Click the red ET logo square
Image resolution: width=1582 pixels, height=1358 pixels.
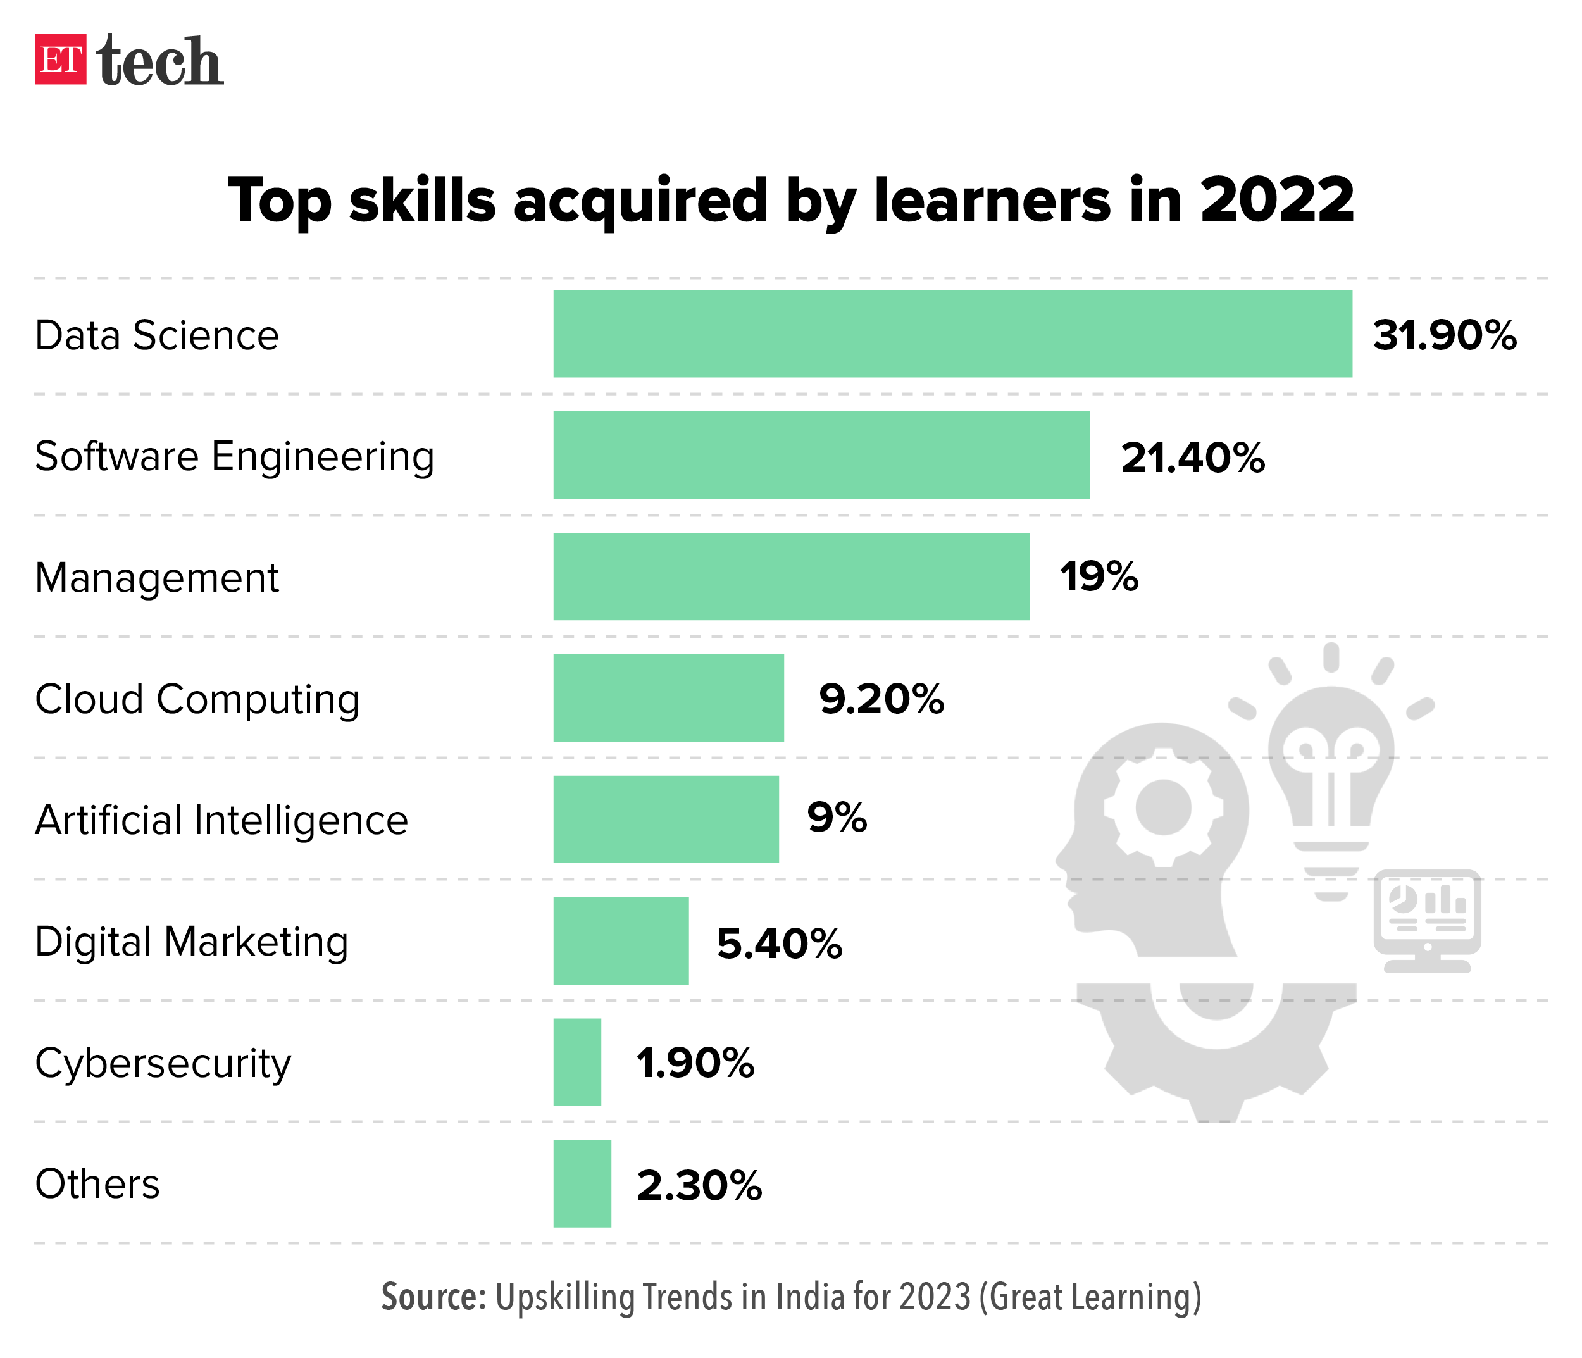point(60,59)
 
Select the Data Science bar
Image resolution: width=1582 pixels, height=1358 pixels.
point(952,333)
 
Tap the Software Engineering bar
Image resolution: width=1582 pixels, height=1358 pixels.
point(821,455)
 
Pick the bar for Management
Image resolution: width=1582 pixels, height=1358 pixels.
point(791,576)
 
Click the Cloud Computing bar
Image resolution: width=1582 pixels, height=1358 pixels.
point(668,698)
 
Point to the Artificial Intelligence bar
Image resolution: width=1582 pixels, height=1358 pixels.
point(666,819)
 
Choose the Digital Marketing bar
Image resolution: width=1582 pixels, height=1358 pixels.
point(621,940)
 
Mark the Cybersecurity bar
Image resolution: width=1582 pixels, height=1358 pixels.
point(577,1062)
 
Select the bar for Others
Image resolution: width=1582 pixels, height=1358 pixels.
point(582,1183)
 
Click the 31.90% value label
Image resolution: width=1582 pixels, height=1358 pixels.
point(1445,335)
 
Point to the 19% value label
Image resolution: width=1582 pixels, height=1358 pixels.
point(1099,576)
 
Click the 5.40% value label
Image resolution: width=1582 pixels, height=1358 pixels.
point(780,944)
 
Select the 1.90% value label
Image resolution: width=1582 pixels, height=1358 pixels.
point(695,1063)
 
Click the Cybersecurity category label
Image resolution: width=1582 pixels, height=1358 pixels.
point(163,1063)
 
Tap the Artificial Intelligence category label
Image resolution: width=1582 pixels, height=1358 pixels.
point(221,821)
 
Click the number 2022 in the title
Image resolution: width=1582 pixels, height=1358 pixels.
point(1276,200)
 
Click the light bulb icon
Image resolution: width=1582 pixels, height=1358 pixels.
point(1331,771)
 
